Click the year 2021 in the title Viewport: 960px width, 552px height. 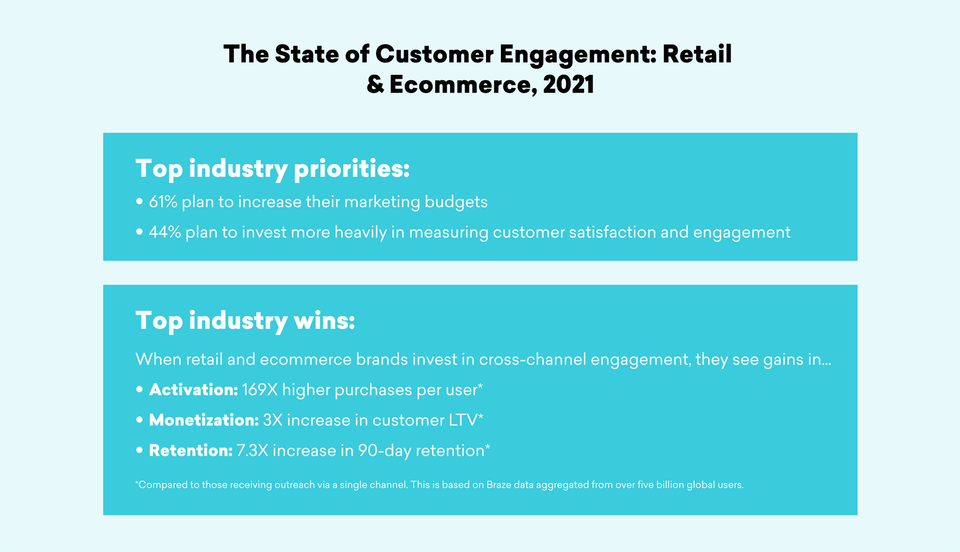click(x=568, y=84)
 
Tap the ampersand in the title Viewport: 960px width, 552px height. click(x=375, y=84)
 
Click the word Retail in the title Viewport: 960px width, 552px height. click(x=697, y=54)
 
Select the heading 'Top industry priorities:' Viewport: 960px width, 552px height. click(x=272, y=168)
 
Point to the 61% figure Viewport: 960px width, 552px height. click(x=163, y=201)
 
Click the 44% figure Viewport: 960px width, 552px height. click(x=164, y=232)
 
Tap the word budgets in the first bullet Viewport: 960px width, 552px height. click(x=456, y=202)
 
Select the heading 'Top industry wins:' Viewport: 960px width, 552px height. click(x=245, y=320)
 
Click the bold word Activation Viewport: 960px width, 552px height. click(x=193, y=389)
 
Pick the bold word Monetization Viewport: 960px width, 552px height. click(x=204, y=420)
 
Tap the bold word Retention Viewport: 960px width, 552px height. click(x=191, y=450)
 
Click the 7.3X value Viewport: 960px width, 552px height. click(x=252, y=450)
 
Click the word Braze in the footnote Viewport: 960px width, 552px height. click(x=499, y=484)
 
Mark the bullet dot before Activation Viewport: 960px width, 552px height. click(x=139, y=390)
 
